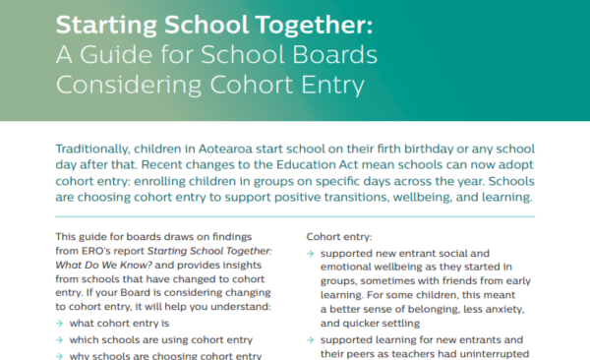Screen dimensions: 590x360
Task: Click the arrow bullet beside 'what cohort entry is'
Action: [x=62, y=326]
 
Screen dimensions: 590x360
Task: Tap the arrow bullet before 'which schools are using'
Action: [x=62, y=341]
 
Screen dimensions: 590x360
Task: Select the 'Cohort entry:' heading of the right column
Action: [x=336, y=237]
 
